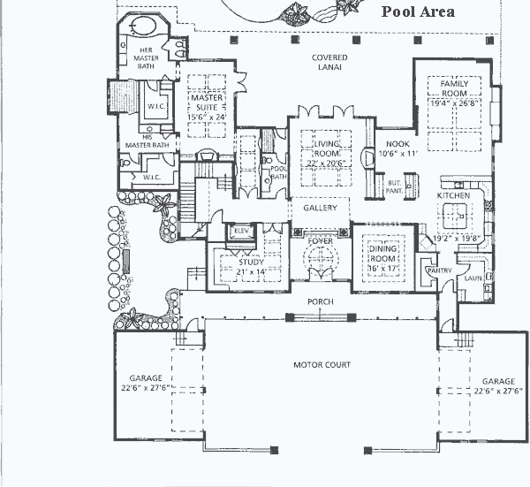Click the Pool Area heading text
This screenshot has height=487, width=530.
418,11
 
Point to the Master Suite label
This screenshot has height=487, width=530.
206,103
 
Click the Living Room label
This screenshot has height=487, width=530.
323,146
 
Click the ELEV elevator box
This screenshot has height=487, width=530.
239,232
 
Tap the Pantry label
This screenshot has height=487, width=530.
438,270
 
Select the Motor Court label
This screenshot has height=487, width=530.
322,364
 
